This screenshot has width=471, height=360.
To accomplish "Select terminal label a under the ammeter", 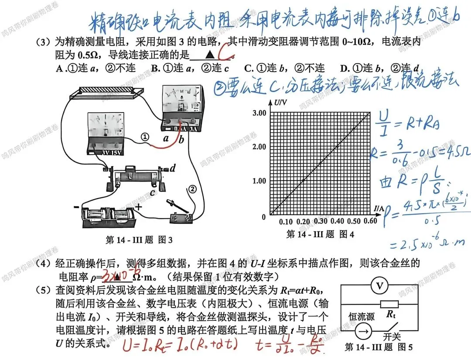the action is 166,139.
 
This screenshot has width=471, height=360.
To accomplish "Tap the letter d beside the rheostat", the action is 173,168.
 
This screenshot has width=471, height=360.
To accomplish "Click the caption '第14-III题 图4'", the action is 320,234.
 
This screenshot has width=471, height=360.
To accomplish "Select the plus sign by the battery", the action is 139,207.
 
